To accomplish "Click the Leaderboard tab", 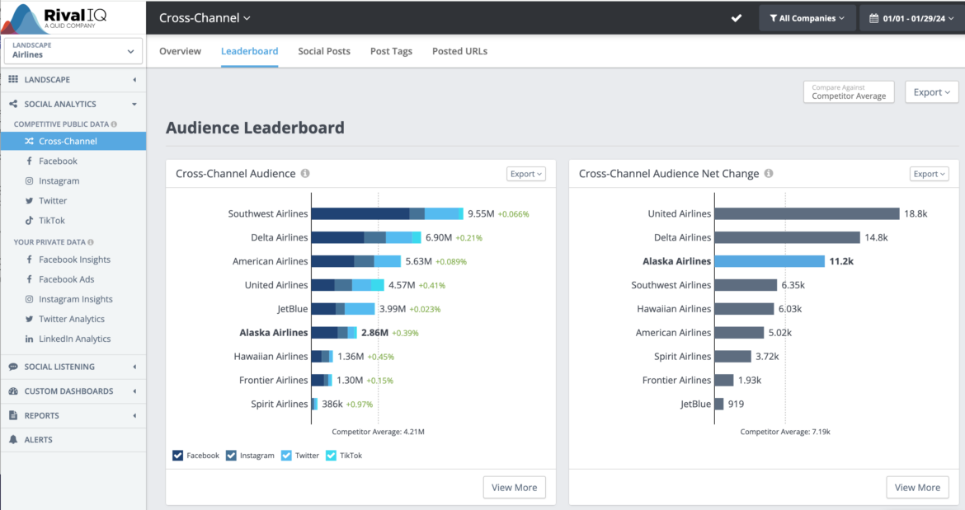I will [x=249, y=51].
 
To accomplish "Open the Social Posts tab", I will [x=324, y=51].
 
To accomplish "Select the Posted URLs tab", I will [x=459, y=51].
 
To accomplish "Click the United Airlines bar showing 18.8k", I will [x=807, y=213].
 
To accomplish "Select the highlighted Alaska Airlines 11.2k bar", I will [x=770, y=261].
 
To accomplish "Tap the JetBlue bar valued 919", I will [x=719, y=404].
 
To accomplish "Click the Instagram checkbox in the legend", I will [x=232, y=456].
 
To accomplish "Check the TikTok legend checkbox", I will [x=332, y=456].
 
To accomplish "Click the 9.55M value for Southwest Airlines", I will [x=481, y=214].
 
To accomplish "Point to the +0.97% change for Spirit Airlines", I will [x=360, y=405].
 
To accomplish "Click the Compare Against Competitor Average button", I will [x=849, y=92].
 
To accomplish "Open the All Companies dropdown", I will [x=806, y=18].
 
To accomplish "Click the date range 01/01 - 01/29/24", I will [x=911, y=18].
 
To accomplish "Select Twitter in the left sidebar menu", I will [x=53, y=201].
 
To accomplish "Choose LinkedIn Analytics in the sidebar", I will [x=74, y=339].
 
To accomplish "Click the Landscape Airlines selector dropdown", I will [x=73, y=51].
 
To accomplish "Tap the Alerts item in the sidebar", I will [x=38, y=440].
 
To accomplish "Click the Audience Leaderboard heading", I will [x=255, y=128].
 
